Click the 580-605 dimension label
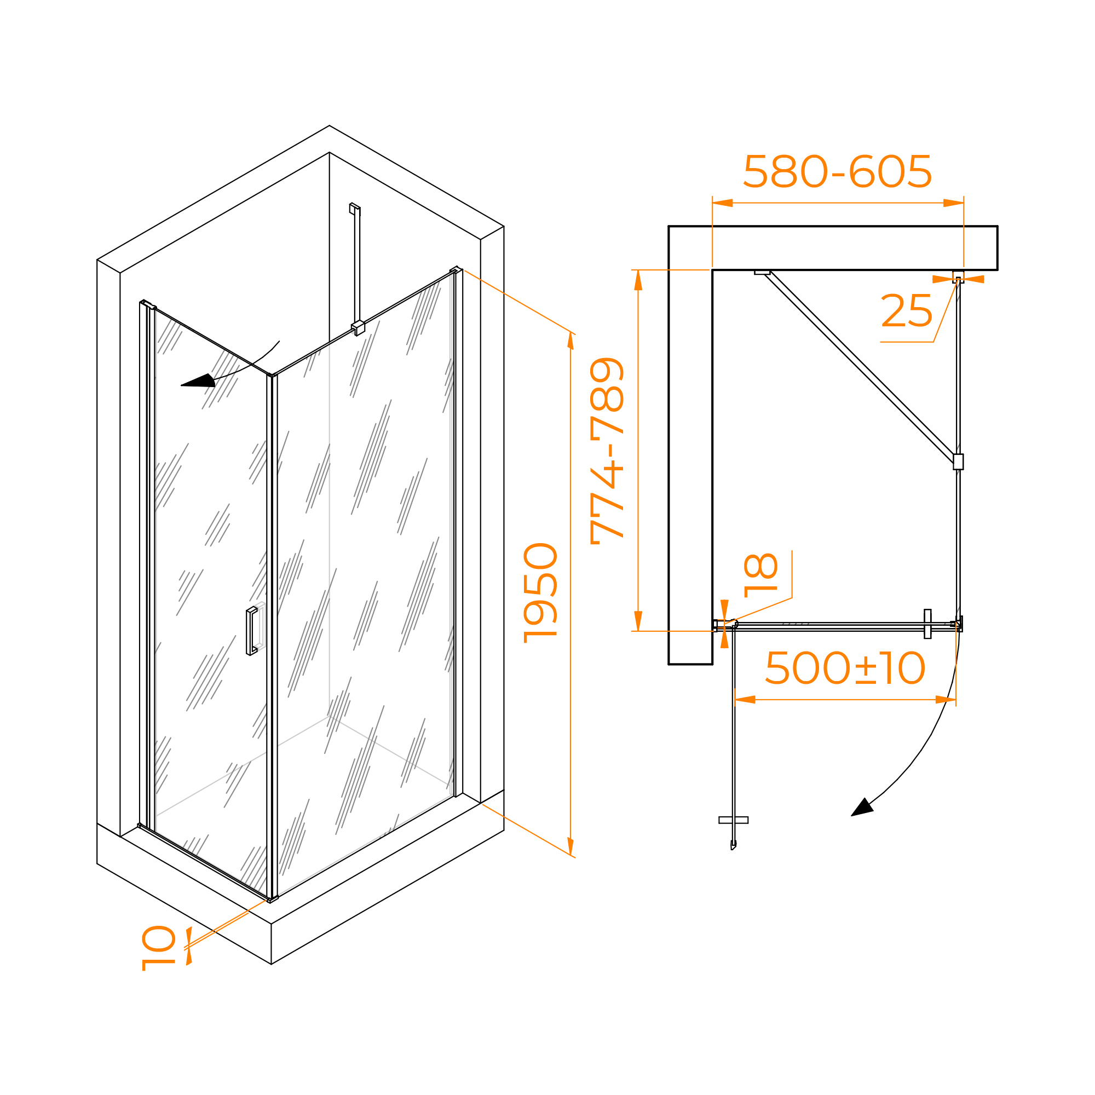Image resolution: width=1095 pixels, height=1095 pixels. [837, 171]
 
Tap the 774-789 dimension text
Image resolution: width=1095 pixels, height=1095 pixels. [607, 451]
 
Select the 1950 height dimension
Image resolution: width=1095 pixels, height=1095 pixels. [541, 593]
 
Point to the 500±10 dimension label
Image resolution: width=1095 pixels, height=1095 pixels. [845, 667]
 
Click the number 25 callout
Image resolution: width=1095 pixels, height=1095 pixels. [906, 310]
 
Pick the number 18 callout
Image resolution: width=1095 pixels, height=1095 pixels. [760, 575]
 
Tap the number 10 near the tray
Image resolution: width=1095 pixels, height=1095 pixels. [159, 948]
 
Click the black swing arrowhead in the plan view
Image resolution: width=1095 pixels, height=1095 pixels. [863, 808]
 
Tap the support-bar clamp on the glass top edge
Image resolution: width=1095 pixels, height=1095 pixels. [358, 327]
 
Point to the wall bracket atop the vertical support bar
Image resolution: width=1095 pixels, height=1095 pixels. [355, 208]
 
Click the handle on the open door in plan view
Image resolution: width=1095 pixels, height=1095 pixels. [733, 820]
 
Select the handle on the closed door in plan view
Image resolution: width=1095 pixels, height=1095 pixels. [927, 624]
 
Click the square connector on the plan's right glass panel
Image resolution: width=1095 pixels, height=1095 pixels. [958, 462]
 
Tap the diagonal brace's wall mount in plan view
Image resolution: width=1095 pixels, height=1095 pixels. [762, 273]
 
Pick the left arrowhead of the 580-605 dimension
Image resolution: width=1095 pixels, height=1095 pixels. [723, 203]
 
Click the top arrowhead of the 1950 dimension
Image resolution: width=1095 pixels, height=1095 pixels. [570, 341]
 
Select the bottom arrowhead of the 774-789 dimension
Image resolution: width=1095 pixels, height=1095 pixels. [638, 620]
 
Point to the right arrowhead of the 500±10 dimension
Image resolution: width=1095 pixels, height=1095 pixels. [946, 699]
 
